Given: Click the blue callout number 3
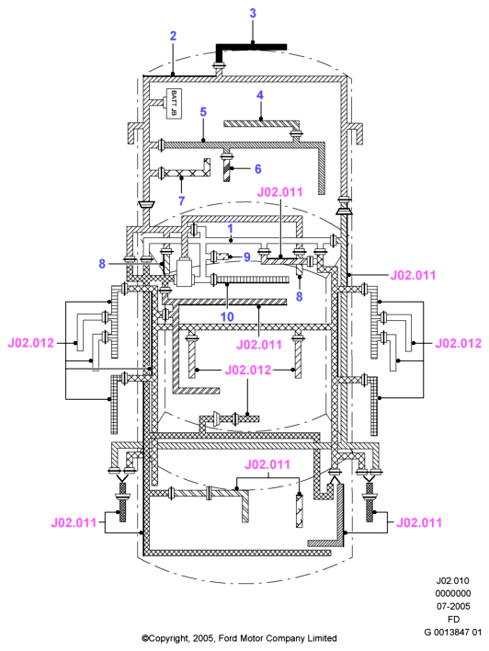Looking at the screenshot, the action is coord(253,13).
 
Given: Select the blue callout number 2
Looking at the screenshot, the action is coord(173,36).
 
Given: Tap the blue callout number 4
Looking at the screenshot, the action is coord(260,95).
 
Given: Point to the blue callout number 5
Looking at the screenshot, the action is coord(203,111).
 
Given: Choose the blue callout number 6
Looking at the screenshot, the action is coord(257,169).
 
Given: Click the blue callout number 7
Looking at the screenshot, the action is coord(181,201).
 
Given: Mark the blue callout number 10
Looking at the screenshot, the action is coord(227,317).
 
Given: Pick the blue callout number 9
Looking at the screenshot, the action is coord(247,257).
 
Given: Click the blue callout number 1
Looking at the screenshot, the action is coord(231,228).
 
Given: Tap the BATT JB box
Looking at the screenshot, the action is coord(174,103).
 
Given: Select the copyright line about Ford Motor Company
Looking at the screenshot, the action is coord(239,638).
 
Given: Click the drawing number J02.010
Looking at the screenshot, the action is coord(452,580).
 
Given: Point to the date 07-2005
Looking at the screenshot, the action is coord(453,606).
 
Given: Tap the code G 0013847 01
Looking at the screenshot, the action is coord(453,632).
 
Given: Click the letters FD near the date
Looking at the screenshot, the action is coord(453,619).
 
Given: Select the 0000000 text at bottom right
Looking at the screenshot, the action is coord(453,593).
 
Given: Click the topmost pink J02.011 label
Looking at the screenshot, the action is coord(279,192).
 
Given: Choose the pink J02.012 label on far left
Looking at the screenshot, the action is coord(30,343).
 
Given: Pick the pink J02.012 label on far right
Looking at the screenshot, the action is coord(459,343).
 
